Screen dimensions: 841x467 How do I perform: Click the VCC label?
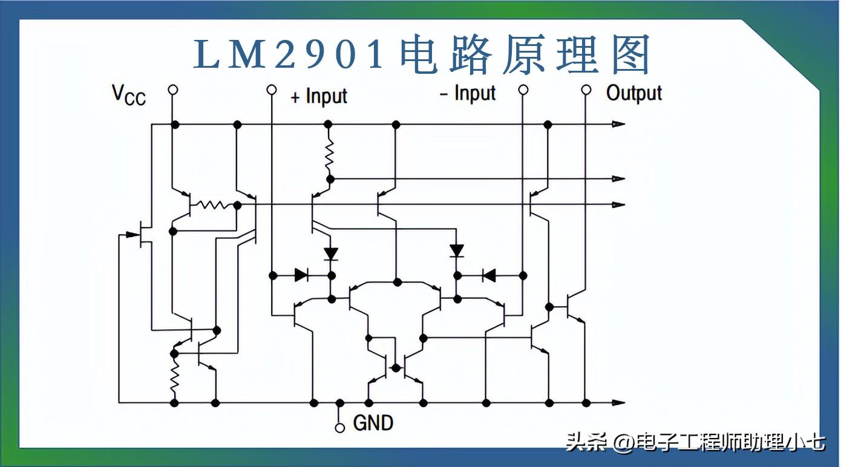[129, 96]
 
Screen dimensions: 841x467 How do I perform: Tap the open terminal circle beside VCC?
[172, 90]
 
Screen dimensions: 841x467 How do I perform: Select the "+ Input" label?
[319, 96]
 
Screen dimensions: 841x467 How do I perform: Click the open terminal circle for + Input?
[272, 90]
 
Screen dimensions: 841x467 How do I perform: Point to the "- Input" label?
[468, 93]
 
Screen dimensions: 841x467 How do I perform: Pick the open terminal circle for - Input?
[523, 90]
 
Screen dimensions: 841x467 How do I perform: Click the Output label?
[634, 93]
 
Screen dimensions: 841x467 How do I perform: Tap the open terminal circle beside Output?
[586, 90]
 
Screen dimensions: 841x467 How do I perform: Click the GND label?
[373, 423]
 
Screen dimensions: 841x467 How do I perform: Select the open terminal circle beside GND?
[340, 428]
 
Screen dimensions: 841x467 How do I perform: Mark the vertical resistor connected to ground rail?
[174, 377]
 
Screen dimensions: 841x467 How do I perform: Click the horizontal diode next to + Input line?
[301, 275]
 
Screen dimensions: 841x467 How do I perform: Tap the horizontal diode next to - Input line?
[489, 276]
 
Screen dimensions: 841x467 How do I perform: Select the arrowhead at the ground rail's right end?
[619, 403]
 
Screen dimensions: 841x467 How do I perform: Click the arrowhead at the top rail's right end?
[619, 124]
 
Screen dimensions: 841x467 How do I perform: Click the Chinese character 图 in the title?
[630, 54]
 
